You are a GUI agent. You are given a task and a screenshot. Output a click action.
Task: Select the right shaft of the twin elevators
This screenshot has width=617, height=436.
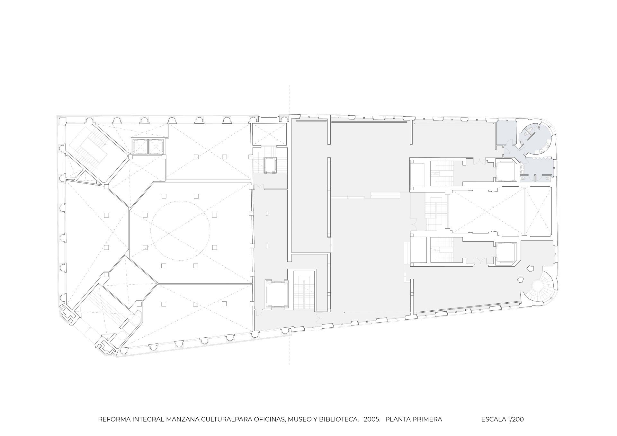click(x=156, y=147)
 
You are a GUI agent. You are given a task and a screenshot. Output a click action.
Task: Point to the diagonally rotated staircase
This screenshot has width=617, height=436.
click(x=94, y=148)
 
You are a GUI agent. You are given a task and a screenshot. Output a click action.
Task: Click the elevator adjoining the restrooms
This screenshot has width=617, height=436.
click(x=506, y=172)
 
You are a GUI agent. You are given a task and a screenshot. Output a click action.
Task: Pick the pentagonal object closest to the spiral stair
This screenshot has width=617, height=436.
click(x=520, y=280)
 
